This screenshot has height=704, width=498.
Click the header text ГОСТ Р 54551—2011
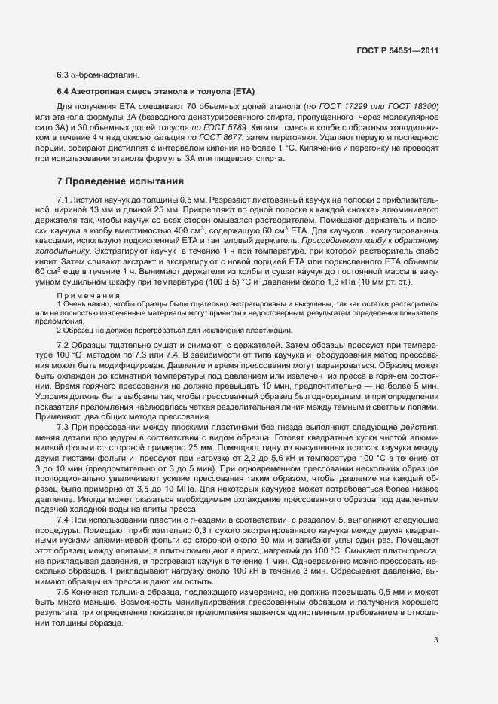396,50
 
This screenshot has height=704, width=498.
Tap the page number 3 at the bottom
435,641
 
